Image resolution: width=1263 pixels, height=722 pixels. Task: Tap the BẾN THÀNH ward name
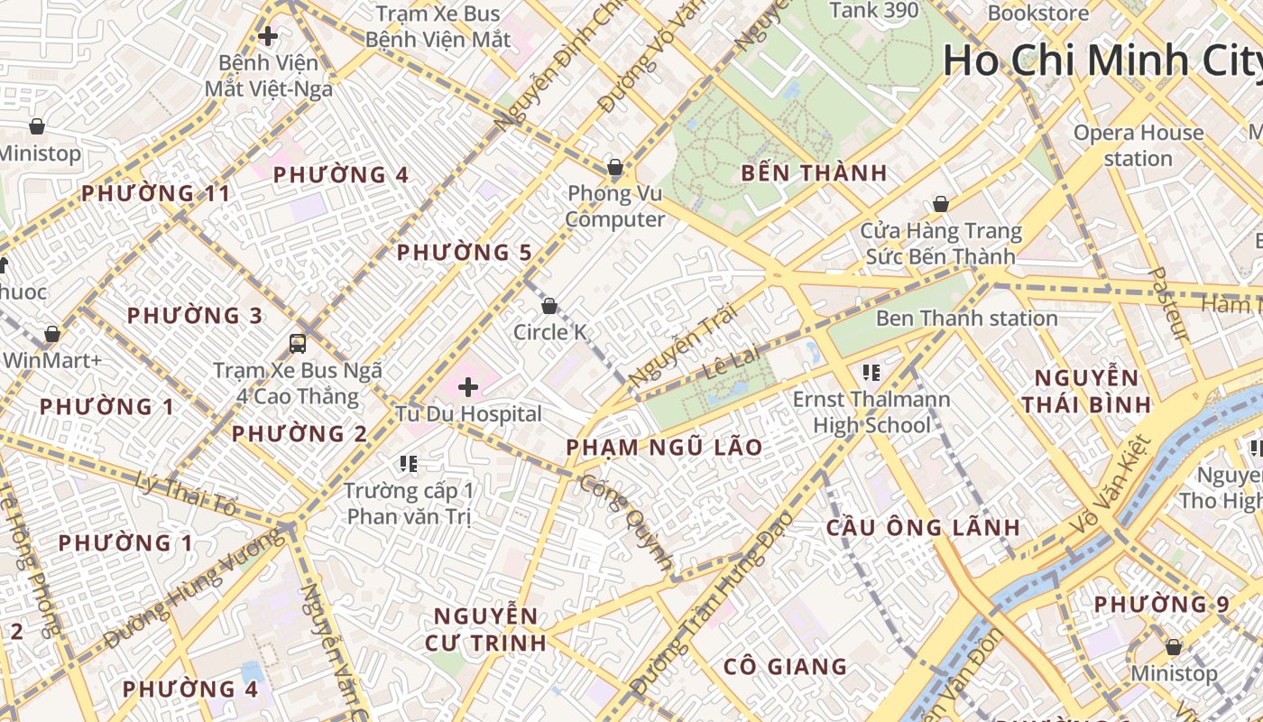pyautogui.click(x=814, y=173)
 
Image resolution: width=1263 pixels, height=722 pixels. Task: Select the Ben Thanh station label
pyautogui.click(x=966, y=319)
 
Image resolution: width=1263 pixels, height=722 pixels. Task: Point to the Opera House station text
pyautogui.click(x=1138, y=145)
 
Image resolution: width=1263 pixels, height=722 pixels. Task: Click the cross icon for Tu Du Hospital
pyautogui.click(x=468, y=387)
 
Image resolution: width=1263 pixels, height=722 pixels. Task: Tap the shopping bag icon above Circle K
pyautogui.click(x=549, y=306)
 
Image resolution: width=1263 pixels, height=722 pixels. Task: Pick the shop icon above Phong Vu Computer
pyautogui.click(x=615, y=167)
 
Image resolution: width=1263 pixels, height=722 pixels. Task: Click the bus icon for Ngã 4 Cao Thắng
pyautogui.click(x=297, y=343)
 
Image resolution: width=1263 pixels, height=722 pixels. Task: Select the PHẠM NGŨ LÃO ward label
pyautogui.click(x=664, y=447)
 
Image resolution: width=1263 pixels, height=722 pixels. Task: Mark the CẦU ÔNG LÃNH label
pyautogui.click(x=923, y=528)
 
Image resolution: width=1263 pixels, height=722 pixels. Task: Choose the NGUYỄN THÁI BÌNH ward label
pyautogui.click(x=1086, y=390)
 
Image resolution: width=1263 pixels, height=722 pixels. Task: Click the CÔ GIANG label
pyautogui.click(x=785, y=667)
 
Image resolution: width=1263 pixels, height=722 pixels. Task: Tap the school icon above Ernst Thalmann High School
pyautogui.click(x=871, y=372)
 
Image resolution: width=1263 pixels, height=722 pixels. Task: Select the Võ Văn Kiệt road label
pyautogui.click(x=1111, y=484)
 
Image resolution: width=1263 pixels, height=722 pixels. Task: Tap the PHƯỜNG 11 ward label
pyautogui.click(x=155, y=193)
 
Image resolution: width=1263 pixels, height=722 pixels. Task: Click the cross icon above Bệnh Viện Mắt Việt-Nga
pyautogui.click(x=268, y=36)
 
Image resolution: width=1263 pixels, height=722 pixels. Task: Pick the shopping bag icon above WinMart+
pyautogui.click(x=52, y=334)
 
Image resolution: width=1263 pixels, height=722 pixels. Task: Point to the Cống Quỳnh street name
pyautogui.click(x=626, y=523)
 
